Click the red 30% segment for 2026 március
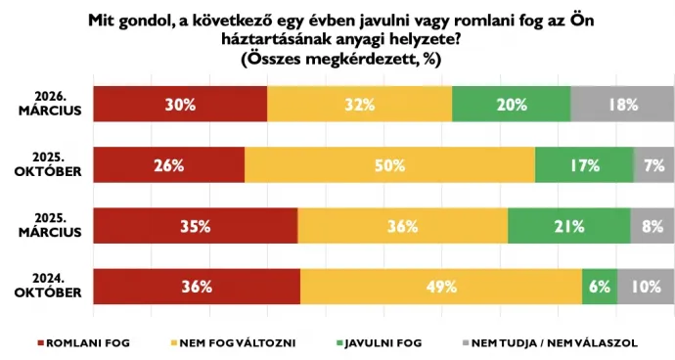181,105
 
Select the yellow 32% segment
360,105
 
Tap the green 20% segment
511,105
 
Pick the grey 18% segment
622,105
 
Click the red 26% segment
169,165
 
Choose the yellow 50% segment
389,165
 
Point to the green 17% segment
584,165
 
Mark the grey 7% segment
654,165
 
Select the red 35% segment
196,226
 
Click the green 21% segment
568,226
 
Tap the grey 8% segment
652,226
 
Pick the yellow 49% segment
441,287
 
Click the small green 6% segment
599,287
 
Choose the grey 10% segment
646,287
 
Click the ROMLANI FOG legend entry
83,343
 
